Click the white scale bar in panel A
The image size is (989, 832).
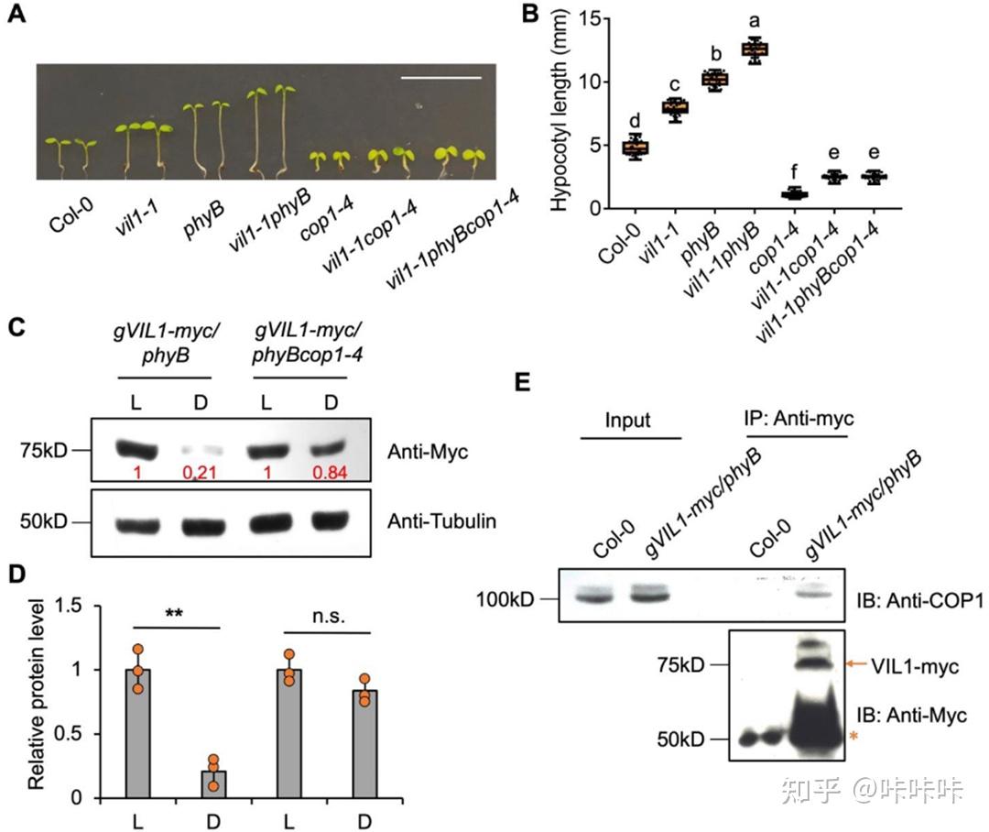coord(440,79)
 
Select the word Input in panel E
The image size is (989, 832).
coord(628,421)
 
